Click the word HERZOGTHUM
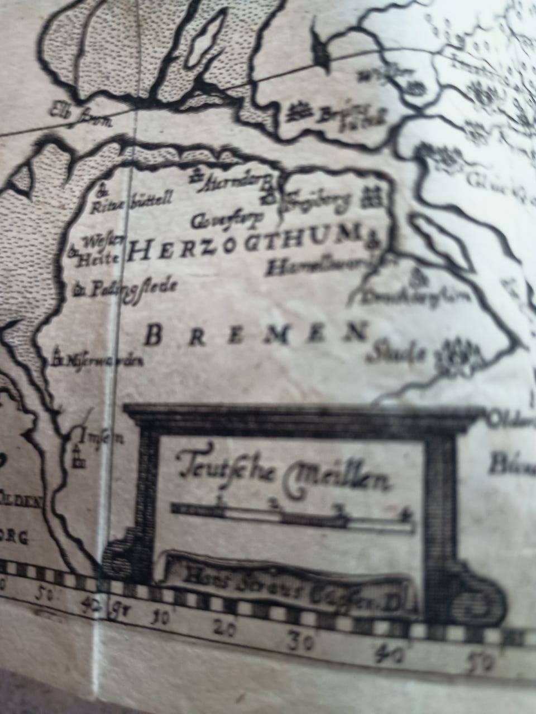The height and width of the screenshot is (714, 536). coord(243,245)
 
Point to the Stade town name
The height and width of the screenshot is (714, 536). coord(399,353)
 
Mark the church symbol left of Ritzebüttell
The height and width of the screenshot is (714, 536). coord(102,191)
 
